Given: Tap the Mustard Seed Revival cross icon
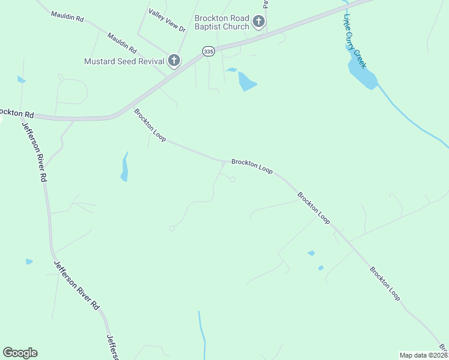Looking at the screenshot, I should (x=174, y=61).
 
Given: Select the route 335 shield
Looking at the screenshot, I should (x=208, y=52).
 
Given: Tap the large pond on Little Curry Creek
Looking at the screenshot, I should (x=363, y=74).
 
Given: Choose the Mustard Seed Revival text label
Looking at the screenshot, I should (x=124, y=61).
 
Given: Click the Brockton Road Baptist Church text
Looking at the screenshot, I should (x=221, y=23).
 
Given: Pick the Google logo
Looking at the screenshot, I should (x=20, y=353).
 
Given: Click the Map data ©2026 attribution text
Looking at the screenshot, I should (x=423, y=355).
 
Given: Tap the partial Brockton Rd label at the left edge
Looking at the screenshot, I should (x=16, y=113).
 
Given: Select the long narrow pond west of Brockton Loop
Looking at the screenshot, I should (x=124, y=167).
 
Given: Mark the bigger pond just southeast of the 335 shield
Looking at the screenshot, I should (x=247, y=81).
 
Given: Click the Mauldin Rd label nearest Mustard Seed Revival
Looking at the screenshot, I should (x=122, y=43).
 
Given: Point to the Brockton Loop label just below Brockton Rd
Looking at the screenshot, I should (x=150, y=125).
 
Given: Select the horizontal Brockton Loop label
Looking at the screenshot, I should (x=252, y=166).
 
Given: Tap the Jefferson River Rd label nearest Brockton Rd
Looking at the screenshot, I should (x=35, y=152).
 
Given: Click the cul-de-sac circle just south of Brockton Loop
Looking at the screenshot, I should (x=232, y=179).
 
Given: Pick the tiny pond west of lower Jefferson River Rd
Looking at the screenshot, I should (x=29, y=262).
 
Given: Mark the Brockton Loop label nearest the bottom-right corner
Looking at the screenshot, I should (x=385, y=283).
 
